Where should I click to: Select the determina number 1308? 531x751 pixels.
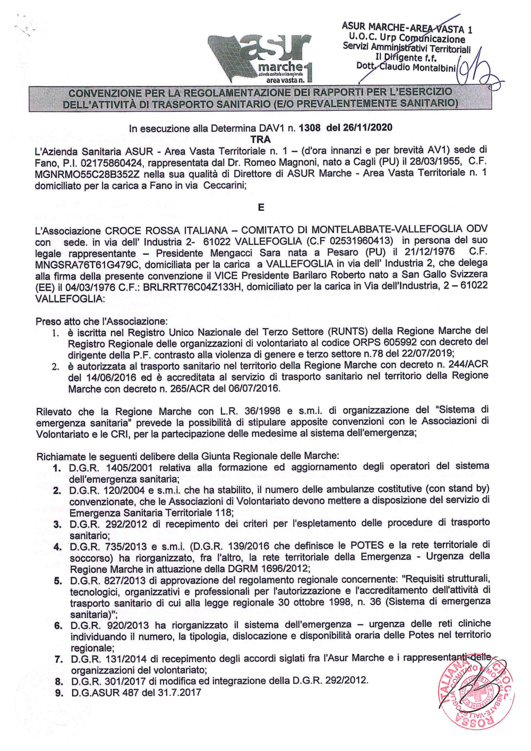tap(310, 127)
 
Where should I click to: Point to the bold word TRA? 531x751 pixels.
tap(261, 139)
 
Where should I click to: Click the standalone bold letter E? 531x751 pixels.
tap(261, 207)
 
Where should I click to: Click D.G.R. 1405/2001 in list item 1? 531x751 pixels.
tap(111, 468)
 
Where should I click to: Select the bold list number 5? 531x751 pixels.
tap(58, 581)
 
